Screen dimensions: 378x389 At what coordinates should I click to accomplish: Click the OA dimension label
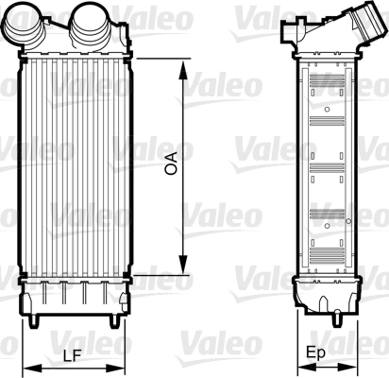171,166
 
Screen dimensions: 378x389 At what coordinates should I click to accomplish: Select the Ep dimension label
318,354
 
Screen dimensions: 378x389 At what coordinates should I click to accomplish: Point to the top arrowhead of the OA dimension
180,62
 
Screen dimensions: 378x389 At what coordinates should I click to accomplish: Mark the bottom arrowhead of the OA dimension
180,270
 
